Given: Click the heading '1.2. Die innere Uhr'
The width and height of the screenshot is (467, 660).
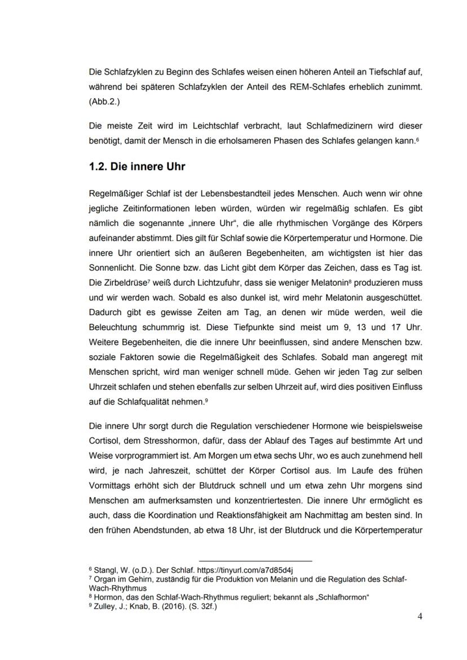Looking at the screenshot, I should pyautogui.click(x=137, y=167).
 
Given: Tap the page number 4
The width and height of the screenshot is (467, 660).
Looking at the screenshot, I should pyautogui.click(x=420, y=616).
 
